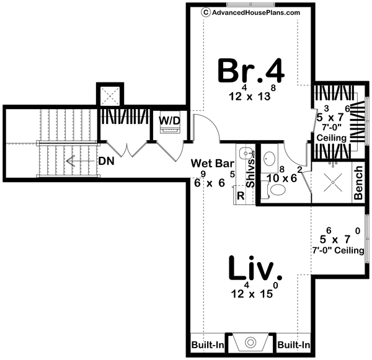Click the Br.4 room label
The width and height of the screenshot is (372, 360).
pos(251,71)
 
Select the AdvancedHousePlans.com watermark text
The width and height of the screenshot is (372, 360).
pos(251,12)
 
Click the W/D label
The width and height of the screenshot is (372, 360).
pos(169,119)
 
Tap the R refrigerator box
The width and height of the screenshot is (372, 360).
pos(240,195)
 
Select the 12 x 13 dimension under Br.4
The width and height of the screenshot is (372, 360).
pos(251,98)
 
